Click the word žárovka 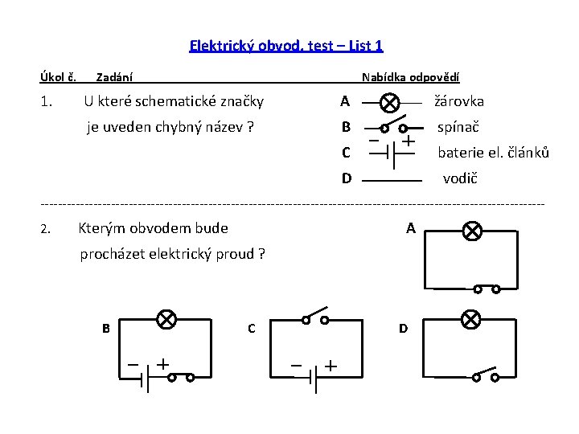[x=459, y=102]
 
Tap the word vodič [x=460, y=178]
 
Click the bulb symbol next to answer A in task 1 [x=390, y=104]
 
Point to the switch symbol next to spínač [x=392, y=126]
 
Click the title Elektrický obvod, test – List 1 [x=286, y=46]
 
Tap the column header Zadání [x=114, y=78]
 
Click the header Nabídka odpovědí [x=410, y=78]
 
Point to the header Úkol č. [x=58, y=77]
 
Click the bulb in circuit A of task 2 [x=473, y=232]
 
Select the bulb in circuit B [x=166, y=320]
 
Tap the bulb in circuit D [x=471, y=320]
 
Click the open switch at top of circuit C [x=315, y=317]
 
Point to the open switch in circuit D [x=484, y=374]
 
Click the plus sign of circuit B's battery [x=163, y=364]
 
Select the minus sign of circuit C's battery [x=296, y=366]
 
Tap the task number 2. [x=46, y=230]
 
